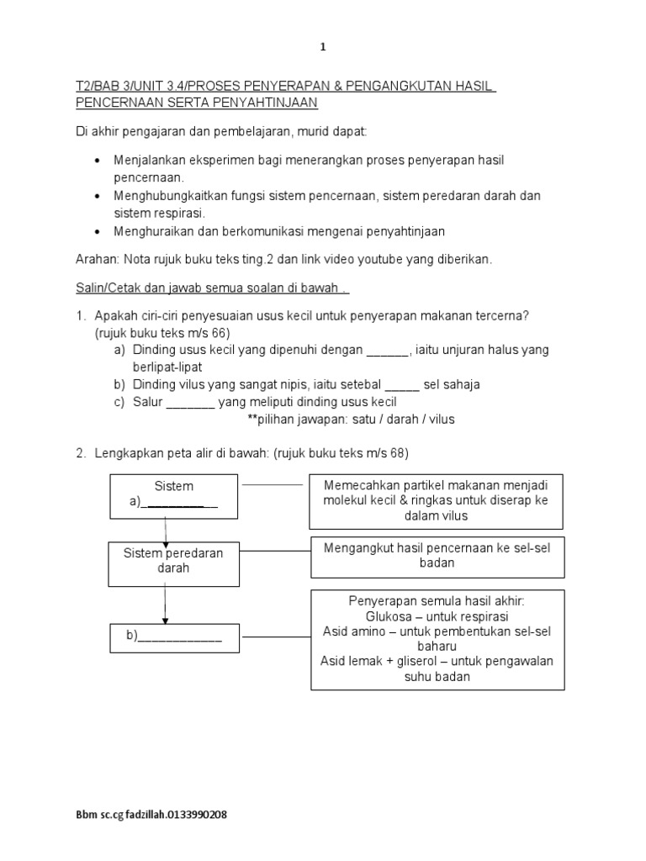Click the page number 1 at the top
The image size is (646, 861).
(323, 47)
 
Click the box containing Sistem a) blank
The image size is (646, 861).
(174, 495)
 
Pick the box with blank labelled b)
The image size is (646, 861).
(174, 637)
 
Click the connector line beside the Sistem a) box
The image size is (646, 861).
(272, 485)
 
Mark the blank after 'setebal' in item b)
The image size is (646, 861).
(404, 384)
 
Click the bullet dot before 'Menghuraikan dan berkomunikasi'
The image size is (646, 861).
(99, 231)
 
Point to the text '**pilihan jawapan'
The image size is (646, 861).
(295, 419)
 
